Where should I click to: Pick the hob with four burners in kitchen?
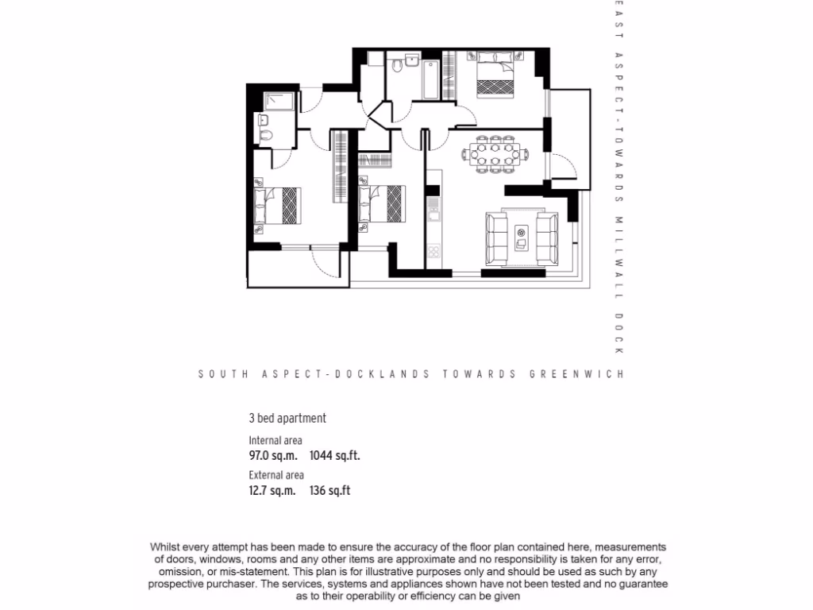433,252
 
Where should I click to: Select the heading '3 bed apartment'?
287,419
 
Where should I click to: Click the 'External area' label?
276,476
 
